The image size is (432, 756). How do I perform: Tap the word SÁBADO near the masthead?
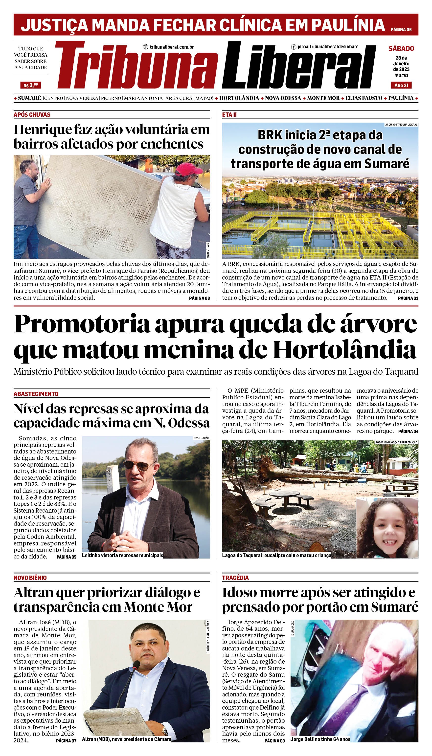(401, 49)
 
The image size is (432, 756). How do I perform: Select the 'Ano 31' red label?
(401, 85)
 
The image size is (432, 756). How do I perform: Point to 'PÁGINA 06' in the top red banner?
(401, 30)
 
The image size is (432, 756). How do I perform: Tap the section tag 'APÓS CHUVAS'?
(32, 115)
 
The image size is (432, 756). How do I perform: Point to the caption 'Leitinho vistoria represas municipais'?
(123, 555)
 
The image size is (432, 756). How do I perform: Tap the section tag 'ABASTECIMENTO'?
(36, 394)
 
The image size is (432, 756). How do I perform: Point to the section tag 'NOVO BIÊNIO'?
(30, 578)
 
